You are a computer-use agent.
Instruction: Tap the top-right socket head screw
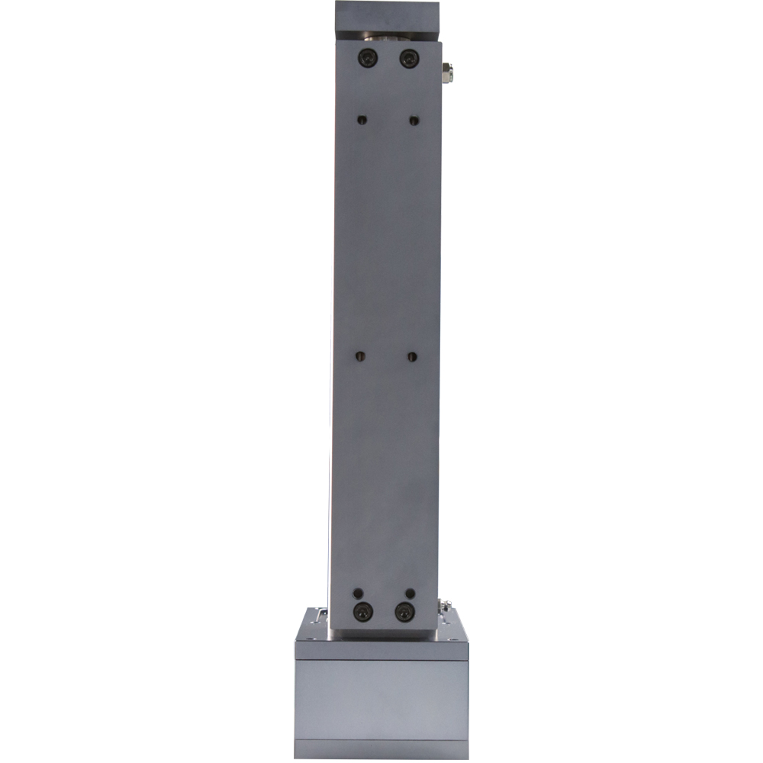(409, 57)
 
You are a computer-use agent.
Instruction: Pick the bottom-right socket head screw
(404, 611)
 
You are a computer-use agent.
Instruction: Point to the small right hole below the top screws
(414, 120)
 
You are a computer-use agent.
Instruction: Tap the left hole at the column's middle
(362, 356)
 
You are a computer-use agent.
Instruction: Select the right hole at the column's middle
(412, 356)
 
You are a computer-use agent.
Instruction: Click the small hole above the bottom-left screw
(359, 593)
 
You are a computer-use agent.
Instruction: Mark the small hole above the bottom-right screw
(410, 593)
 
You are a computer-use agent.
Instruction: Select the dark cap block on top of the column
(388, 14)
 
